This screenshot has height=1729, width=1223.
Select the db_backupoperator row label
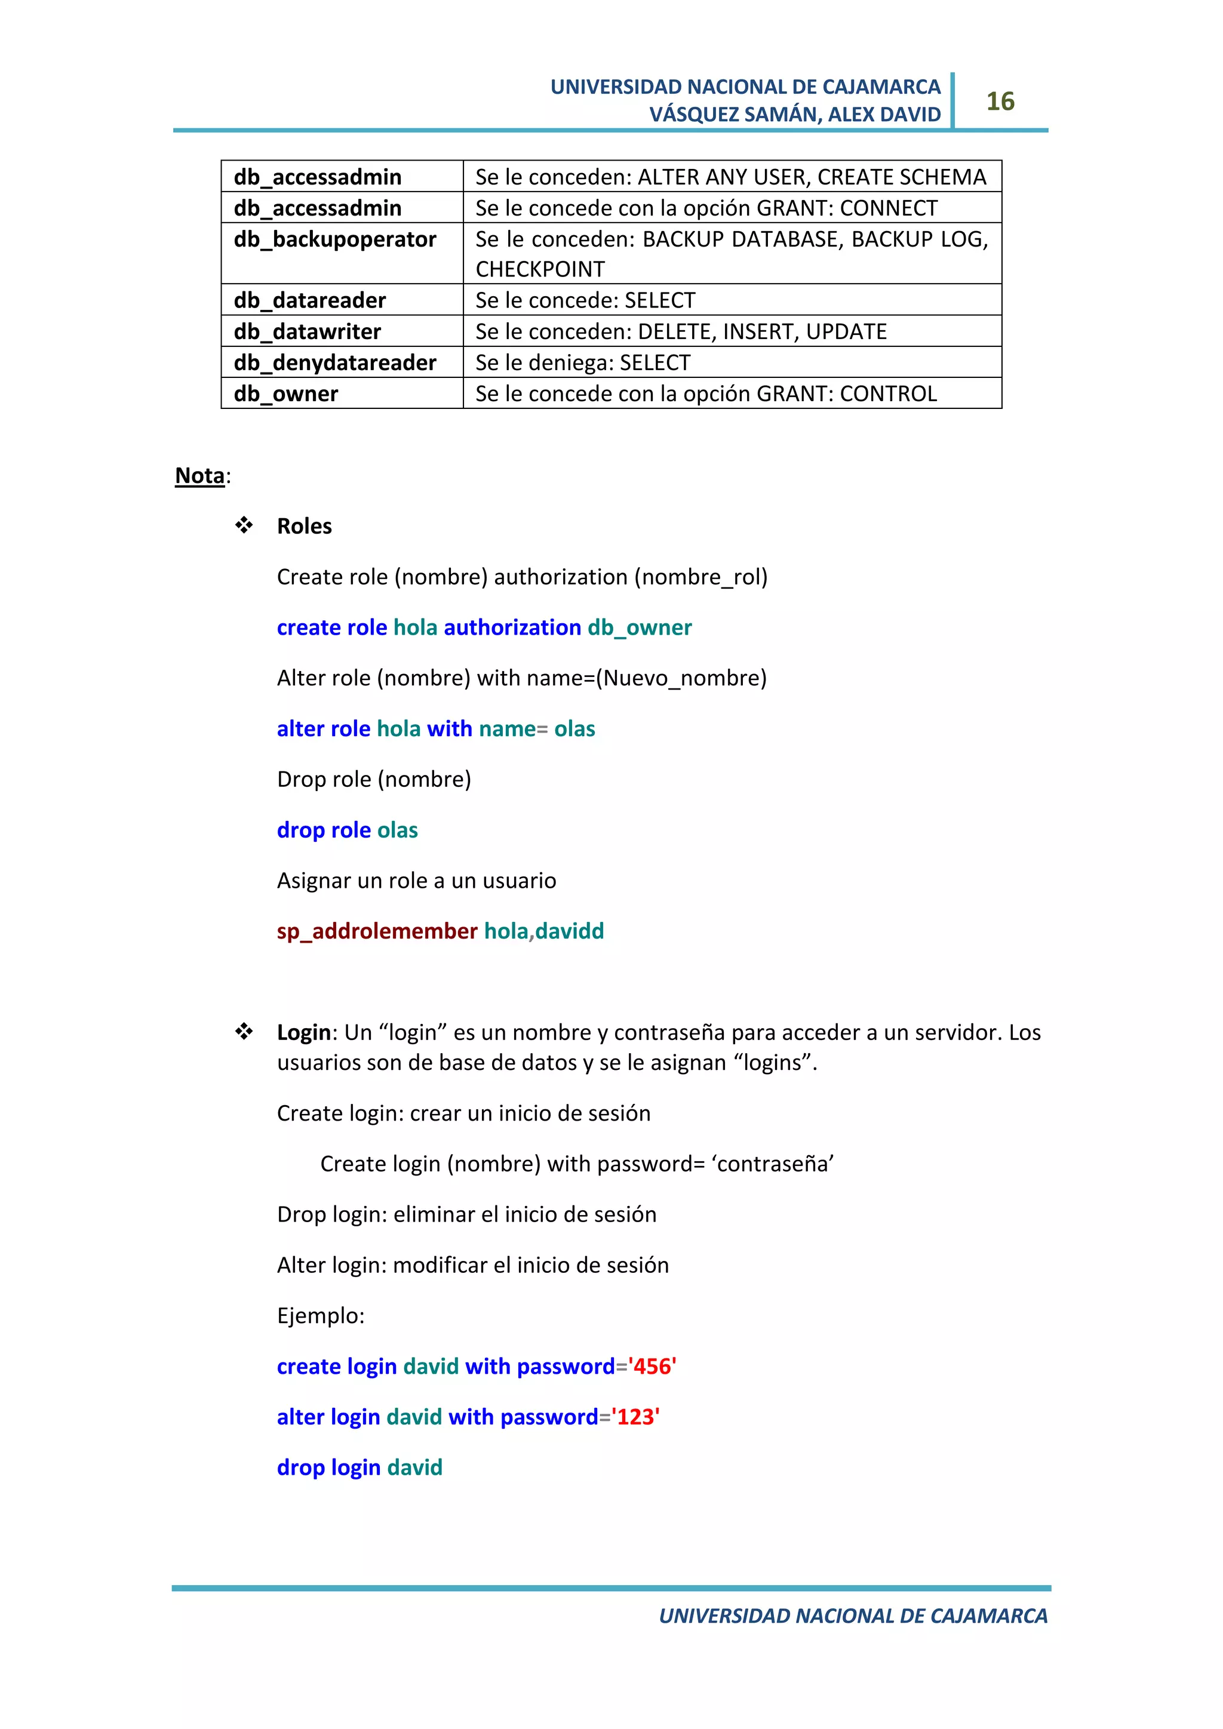coord(334,239)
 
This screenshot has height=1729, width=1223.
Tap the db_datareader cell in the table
coord(309,300)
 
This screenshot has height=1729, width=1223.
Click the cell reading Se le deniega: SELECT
coord(582,363)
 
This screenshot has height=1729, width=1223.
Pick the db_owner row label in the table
coord(285,394)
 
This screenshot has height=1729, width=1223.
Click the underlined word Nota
coord(199,476)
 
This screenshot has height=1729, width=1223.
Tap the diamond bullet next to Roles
coord(244,525)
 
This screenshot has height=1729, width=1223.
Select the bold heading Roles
coord(304,527)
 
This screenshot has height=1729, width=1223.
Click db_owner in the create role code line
coord(640,627)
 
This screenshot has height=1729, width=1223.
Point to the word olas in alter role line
coord(574,729)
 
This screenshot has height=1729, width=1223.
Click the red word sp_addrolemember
coord(377,931)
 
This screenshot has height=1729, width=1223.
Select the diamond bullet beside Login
coord(244,1032)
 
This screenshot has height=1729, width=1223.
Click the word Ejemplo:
coord(321,1316)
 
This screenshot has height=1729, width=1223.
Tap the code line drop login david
coord(359,1468)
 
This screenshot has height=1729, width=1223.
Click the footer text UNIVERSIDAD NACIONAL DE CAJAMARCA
coord(853,1616)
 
